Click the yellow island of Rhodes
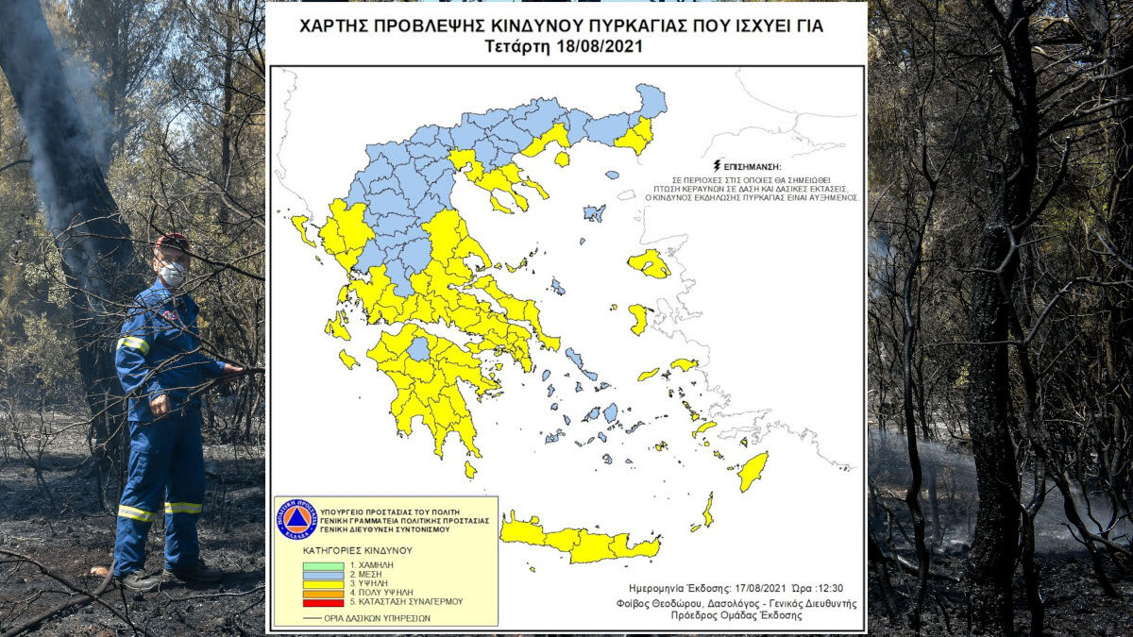753,470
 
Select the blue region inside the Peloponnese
418,348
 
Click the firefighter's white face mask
172,274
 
